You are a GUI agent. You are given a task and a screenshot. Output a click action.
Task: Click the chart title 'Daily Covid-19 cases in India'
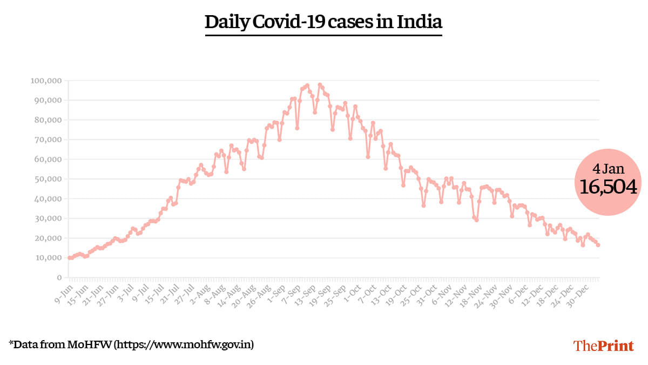(323, 22)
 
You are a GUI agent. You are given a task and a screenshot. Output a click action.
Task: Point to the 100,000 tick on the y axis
(47, 81)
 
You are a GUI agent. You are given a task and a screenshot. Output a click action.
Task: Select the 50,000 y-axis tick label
(49, 179)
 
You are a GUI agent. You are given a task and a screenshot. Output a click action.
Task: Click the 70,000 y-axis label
(49, 140)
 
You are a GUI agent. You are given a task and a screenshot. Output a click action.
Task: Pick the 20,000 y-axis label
(49, 238)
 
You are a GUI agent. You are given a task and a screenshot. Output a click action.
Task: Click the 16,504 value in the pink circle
(608, 187)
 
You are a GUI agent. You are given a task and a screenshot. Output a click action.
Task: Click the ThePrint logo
(603, 346)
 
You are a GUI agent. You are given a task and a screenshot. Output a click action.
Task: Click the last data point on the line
(598, 245)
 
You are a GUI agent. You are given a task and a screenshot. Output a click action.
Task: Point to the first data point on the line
(69, 258)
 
